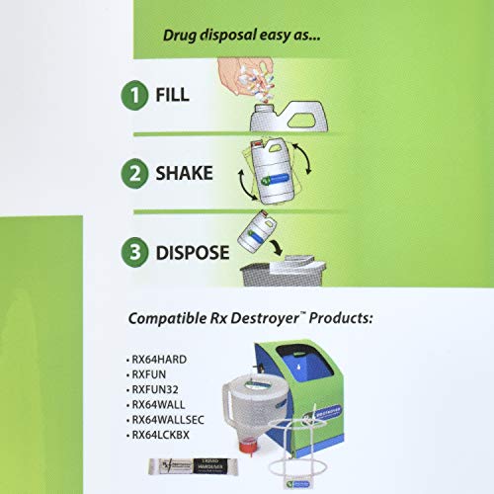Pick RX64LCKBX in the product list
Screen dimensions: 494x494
pyautogui.click(x=165, y=431)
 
